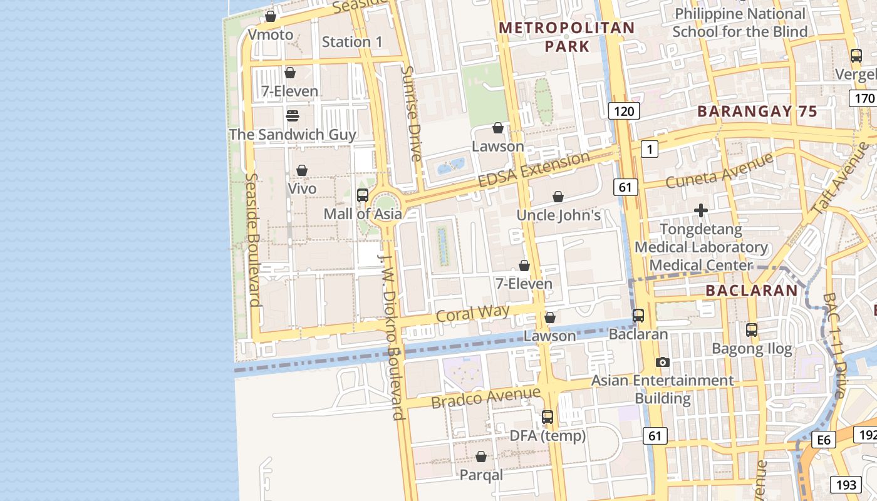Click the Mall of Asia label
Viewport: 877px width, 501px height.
click(362, 214)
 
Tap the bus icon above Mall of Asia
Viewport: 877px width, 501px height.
click(363, 195)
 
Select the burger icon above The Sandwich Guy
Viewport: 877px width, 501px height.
click(292, 116)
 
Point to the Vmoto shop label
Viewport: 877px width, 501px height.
click(271, 35)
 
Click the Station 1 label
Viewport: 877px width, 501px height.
click(351, 42)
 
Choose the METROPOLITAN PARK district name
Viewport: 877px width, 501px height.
click(567, 37)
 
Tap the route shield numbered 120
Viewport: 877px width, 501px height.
click(624, 112)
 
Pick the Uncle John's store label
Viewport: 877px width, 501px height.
click(558, 215)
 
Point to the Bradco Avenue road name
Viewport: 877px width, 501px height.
click(485, 397)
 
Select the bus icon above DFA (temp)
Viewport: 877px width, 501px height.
click(547, 417)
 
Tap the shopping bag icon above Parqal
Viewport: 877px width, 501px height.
click(481, 457)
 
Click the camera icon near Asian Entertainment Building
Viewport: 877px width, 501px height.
click(662, 363)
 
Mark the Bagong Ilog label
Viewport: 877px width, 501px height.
click(752, 348)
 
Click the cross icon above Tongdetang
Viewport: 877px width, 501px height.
click(701, 211)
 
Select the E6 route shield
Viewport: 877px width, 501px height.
click(824, 440)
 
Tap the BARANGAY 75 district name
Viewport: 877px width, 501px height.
click(757, 112)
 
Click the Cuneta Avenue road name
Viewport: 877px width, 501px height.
click(719, 170)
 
